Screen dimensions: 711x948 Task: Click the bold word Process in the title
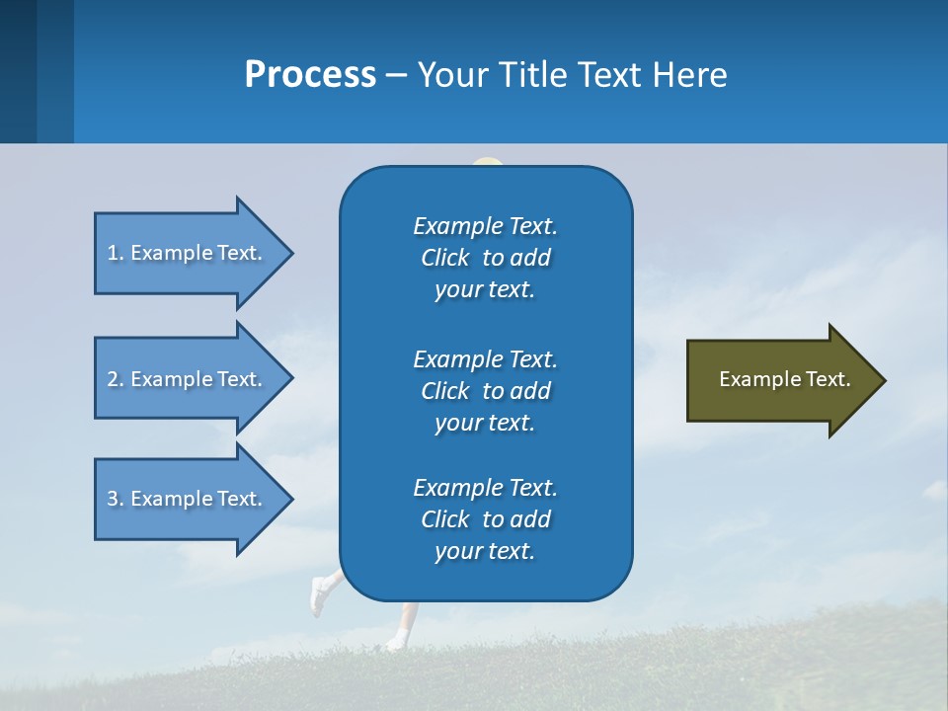point(310,75)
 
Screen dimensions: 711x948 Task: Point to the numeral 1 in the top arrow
point(113,253)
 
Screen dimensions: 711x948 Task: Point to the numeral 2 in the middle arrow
point(113,379)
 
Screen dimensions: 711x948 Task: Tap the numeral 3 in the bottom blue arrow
point(113,499)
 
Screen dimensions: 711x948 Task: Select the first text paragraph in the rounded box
point(485,258)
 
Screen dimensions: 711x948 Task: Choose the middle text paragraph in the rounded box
point(485,390)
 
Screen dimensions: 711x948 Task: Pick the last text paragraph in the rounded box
point(485,519)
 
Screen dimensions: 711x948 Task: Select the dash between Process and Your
point(396,75)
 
